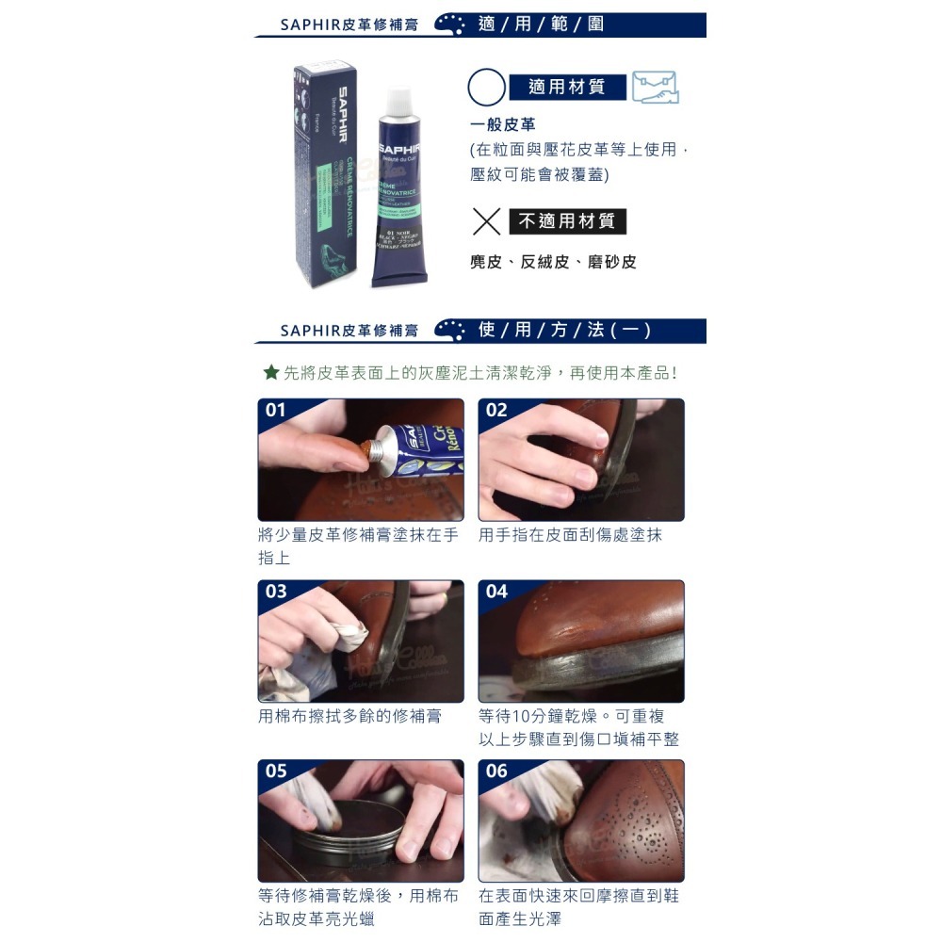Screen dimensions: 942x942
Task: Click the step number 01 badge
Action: (276, 411)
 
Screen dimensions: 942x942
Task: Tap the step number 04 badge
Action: (497, 592)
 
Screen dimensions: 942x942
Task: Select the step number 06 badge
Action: (497, 771)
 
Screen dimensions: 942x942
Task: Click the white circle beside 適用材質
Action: (486, 88)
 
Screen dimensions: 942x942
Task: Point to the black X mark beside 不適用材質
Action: (486, 222)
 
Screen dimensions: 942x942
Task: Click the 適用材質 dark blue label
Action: (567, 88)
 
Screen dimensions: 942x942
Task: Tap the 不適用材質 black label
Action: (567, 222)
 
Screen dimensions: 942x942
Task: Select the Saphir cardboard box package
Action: (324, 170)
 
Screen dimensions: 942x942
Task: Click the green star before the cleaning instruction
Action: (270, 373)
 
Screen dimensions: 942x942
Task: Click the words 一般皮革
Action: (503, 124)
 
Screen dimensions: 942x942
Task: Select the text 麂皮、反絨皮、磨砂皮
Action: (553, 262)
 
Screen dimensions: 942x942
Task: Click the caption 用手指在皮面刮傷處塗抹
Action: (570, 535)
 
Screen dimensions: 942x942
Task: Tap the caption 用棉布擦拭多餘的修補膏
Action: (349, 716)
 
